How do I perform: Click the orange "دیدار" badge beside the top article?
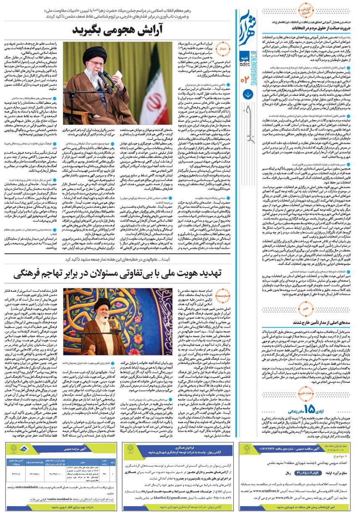coord(223,49)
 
